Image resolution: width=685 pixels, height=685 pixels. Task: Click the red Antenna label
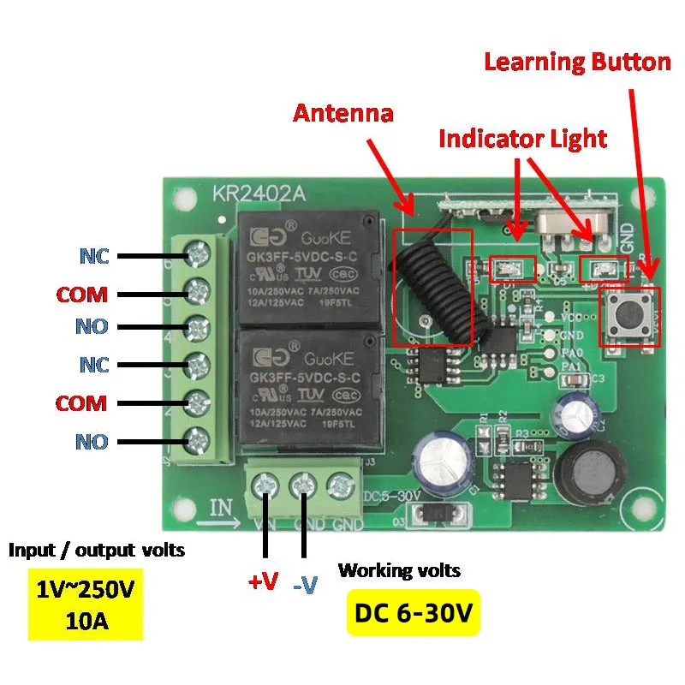pyautogui.click(x=343, y=112)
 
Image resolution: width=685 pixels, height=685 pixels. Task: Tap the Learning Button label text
pyautogui.click(x=577, y=63)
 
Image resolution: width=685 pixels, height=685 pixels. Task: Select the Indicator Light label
pyautogui.click(x=522, y=138)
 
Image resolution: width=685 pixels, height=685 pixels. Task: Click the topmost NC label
pyautogui.click(x=94, y=255)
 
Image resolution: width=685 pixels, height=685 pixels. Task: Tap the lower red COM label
pyautogui.click(x=82, y=403)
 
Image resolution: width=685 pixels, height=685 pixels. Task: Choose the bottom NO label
pyautogui.click(x=92, y=442)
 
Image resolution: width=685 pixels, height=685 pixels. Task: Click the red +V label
pyautogui.click(x=264, y=583)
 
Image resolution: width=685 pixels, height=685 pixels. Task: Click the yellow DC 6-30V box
pyautogui.click(x=414, y=612)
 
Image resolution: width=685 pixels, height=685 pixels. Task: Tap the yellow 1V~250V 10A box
pyautogui.click(x=85, y=604)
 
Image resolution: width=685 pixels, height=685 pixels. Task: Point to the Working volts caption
pyautogui.click(x=399, y=569)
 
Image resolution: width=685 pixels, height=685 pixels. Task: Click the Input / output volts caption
pyautogui.click(x=96, y=549)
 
